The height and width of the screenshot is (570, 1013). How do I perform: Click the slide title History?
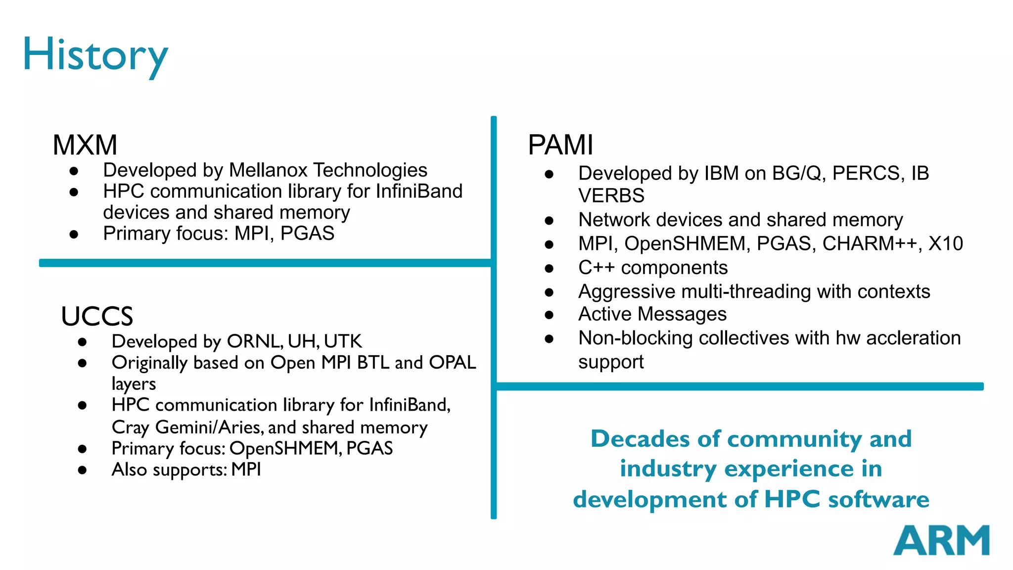[95, 54]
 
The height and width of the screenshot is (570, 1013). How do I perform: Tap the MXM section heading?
[85, 145]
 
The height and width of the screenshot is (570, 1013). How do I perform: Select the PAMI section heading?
[560, 145]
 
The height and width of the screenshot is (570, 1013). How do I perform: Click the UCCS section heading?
[97, 316]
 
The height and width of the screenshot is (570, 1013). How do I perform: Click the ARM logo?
[941, 540]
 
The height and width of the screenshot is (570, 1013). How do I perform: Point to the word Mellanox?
[269, 170]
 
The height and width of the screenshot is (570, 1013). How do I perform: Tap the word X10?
[946, 244]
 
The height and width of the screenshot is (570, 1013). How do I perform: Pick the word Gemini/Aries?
[209, 427]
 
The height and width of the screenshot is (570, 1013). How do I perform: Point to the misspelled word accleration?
[913, 338]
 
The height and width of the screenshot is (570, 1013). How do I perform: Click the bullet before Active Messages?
[549, 315]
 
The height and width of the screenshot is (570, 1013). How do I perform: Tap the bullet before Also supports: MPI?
[83, 470]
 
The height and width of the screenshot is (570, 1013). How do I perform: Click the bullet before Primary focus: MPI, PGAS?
[74, 235]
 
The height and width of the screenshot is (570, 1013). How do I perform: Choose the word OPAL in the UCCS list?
[452, 363]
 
